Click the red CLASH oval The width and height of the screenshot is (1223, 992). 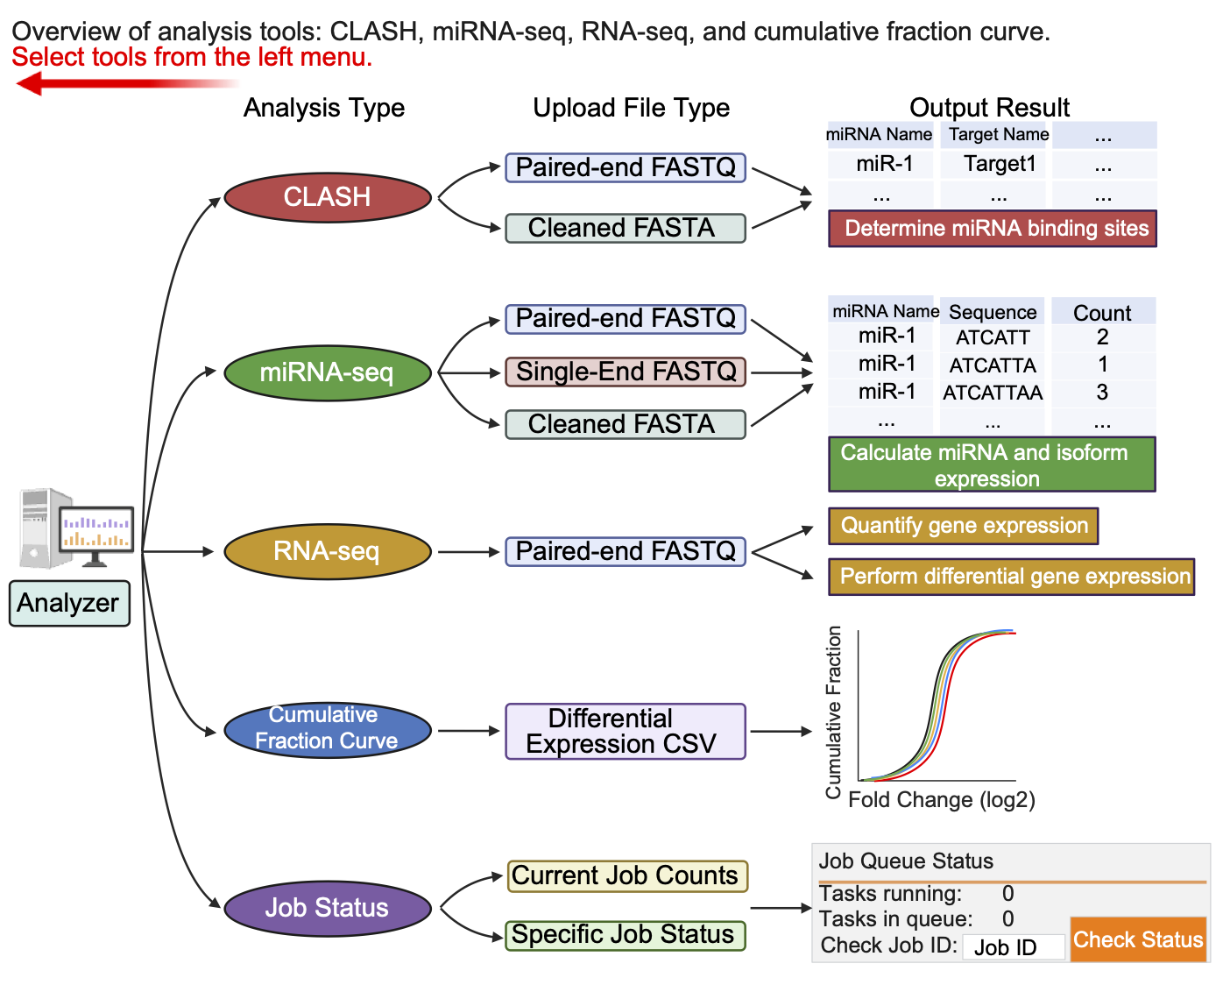coord(327,197)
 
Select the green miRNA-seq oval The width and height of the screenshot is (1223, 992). coord(327,372)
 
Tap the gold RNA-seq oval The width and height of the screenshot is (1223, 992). coord(327,551)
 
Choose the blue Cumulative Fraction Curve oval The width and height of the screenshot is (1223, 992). coord(327,728)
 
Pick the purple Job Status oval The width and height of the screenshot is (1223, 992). coord(327,908)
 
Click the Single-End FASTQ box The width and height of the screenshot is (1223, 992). coord(626,372)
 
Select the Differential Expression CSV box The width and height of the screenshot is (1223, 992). coord(626,731)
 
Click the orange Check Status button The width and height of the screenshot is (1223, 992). coord(1138,939)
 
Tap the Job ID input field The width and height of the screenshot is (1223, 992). coord(1013,947)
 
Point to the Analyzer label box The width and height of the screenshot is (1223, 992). coord(69,603)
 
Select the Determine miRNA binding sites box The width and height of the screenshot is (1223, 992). coord(993,229)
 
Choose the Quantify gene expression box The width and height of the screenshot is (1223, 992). coord(964,526)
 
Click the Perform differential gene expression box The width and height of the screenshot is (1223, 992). coord(1012,577)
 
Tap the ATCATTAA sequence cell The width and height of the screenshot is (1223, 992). coord(992,393)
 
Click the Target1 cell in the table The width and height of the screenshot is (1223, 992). coord(999,164)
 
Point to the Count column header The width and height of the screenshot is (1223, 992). coord(1102,313)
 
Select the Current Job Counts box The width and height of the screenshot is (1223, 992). coord(626,875)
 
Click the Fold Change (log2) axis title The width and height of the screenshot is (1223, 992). coord(942,800)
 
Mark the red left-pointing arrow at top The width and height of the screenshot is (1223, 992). coord(123,84)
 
